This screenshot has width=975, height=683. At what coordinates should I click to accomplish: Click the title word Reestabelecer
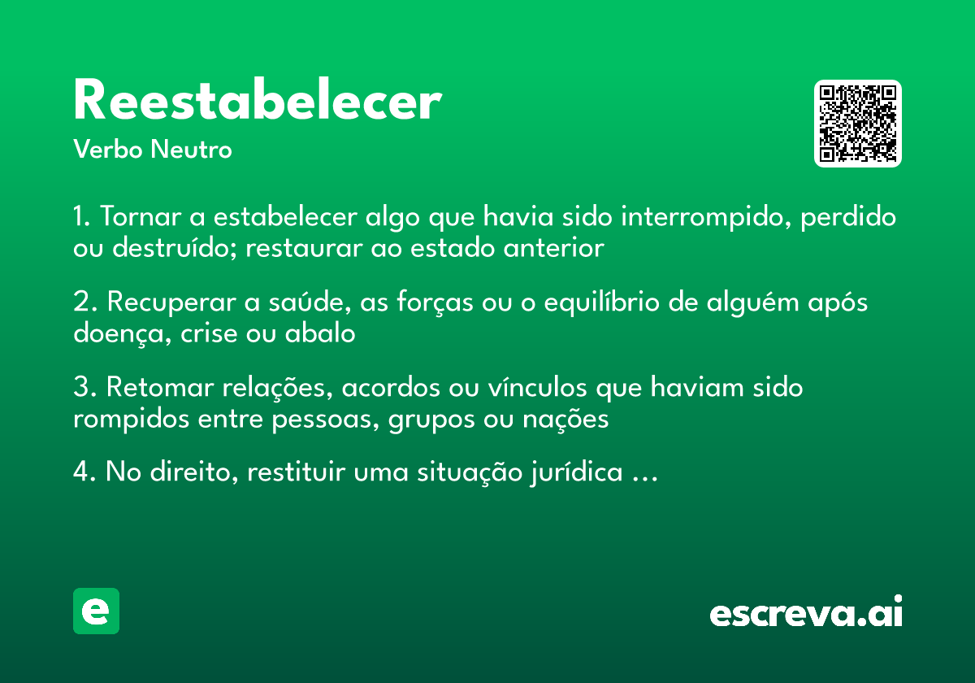pyautogui.click(x=257, y=102)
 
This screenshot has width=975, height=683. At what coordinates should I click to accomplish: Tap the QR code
pyautogui.click(x=858, y=124)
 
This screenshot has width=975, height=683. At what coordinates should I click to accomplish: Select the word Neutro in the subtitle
pyautogui.click(x=191, y=150)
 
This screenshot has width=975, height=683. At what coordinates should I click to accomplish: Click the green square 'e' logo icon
pyautogui.click(x=96, y=611)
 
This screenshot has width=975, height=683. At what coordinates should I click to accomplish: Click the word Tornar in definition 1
pyautogui.click(x=141, y=218)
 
